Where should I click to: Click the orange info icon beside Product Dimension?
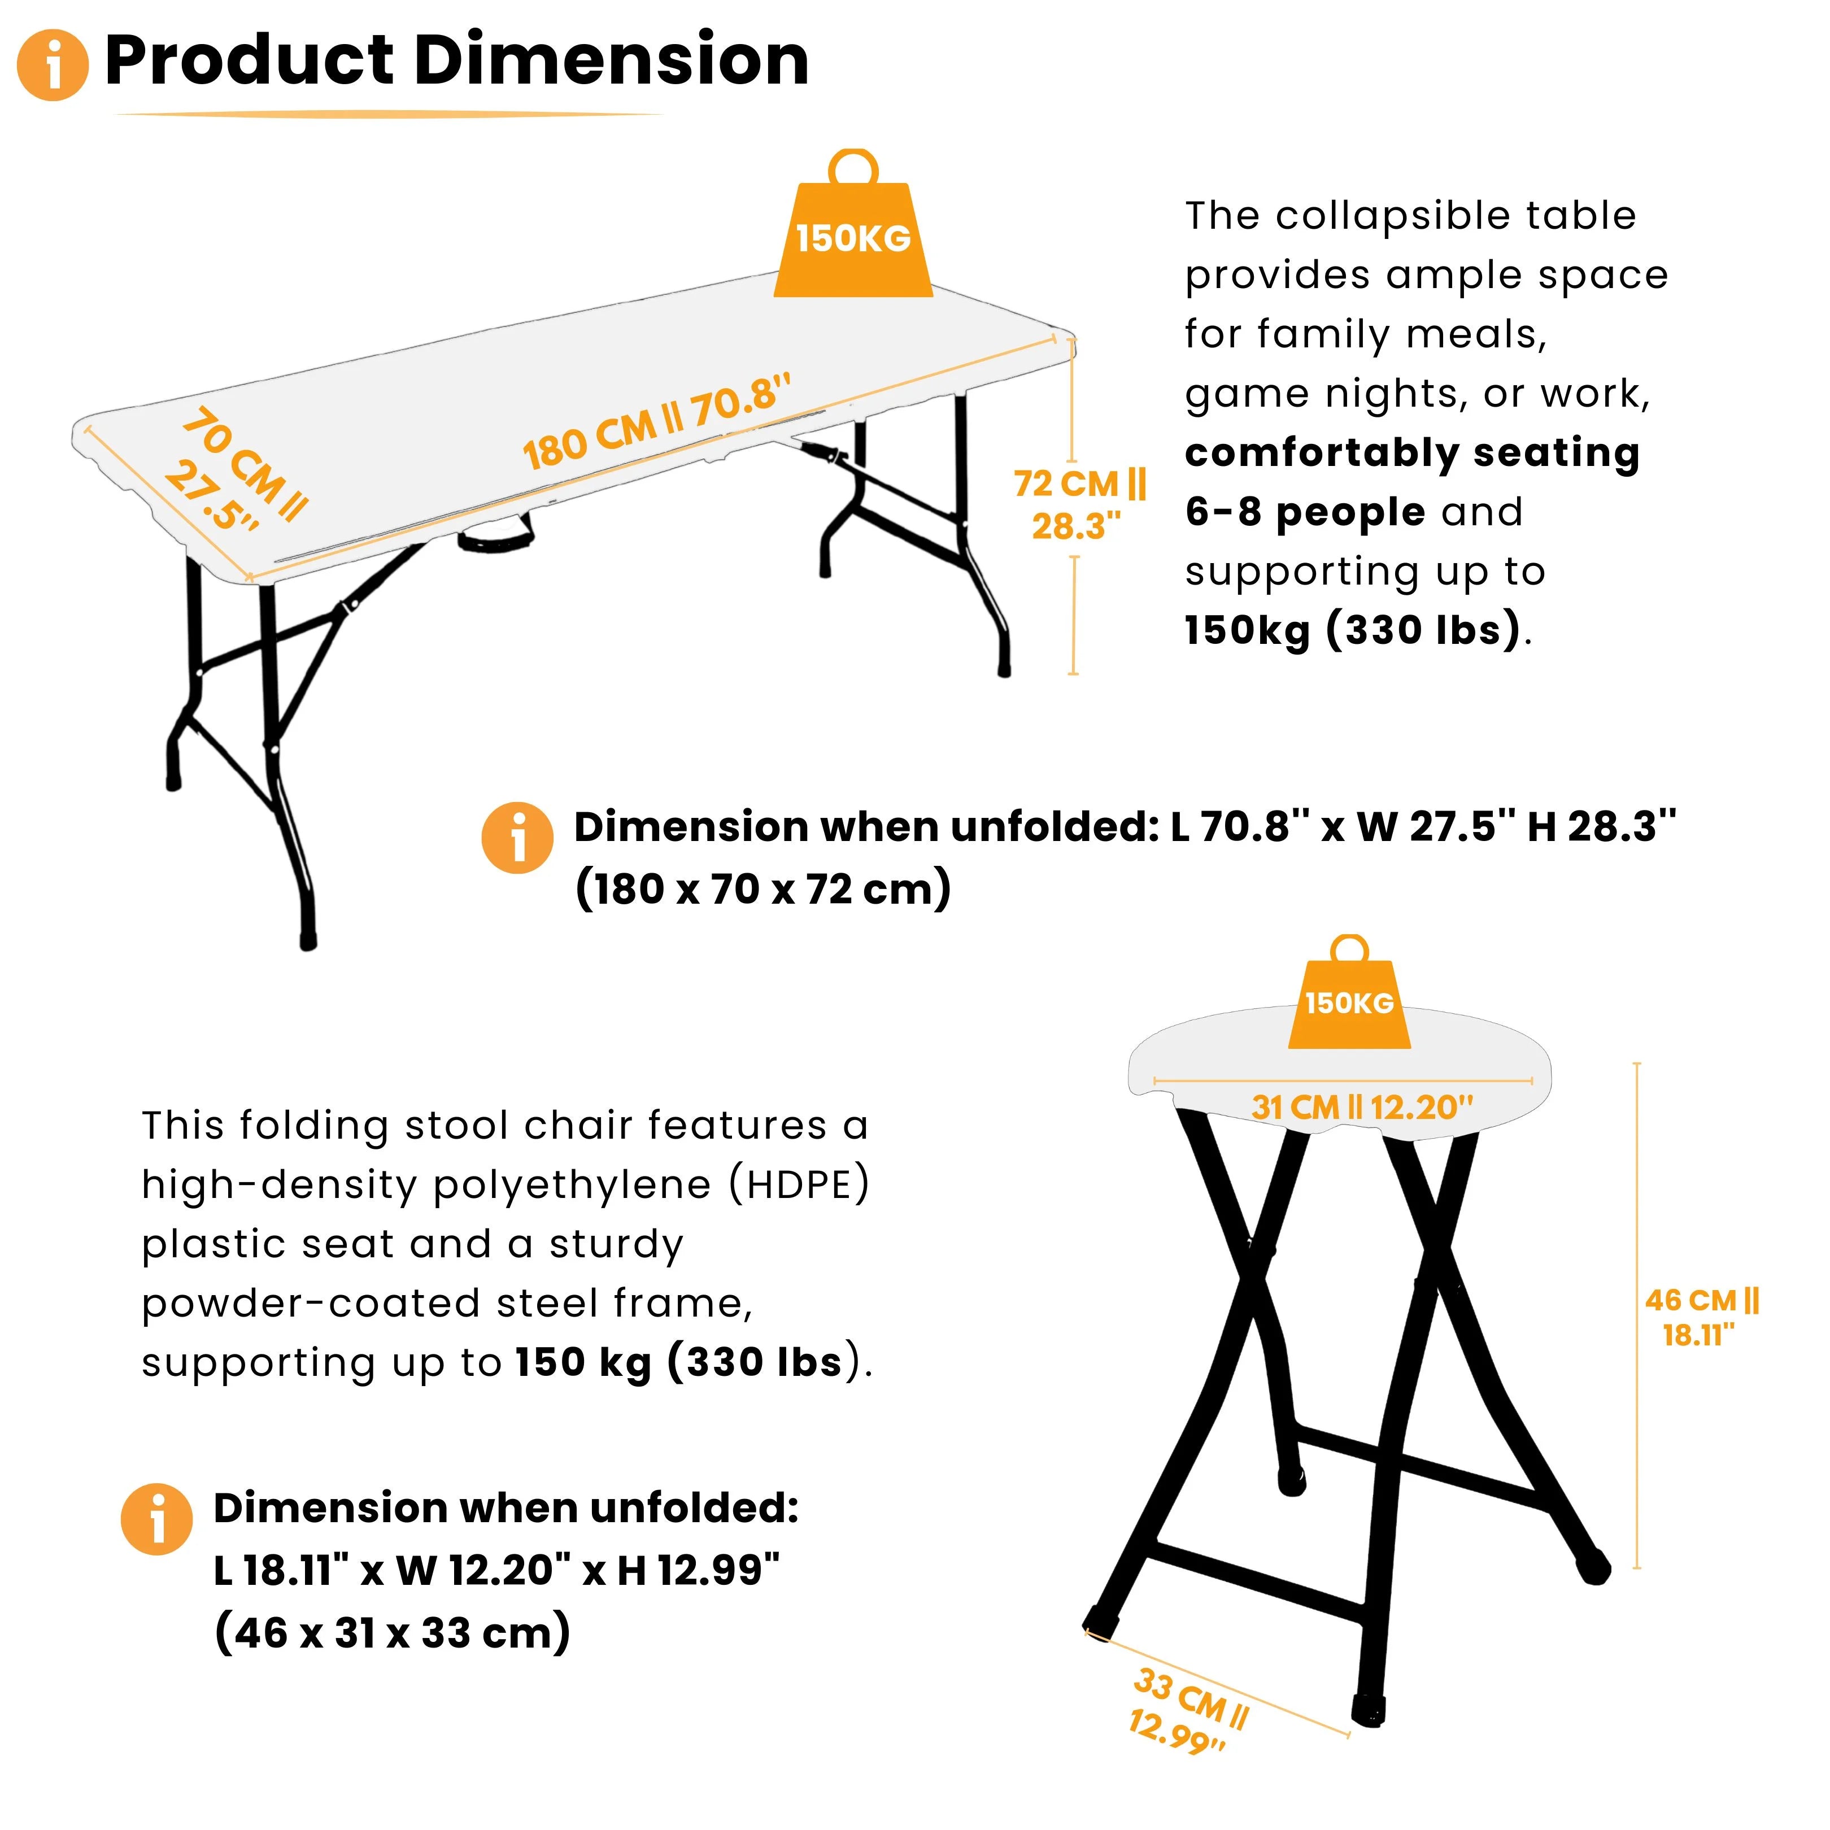(53, 64)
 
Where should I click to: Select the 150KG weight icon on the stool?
(1349, 993)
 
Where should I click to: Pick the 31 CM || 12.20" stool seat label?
(1362, 1107)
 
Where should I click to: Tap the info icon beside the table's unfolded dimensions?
(517, 837)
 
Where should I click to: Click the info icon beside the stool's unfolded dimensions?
(156, 1519)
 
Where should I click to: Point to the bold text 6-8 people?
(1305, 512)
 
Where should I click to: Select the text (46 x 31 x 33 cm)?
(392, 1633)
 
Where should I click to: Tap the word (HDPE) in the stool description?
(799, 1185)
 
